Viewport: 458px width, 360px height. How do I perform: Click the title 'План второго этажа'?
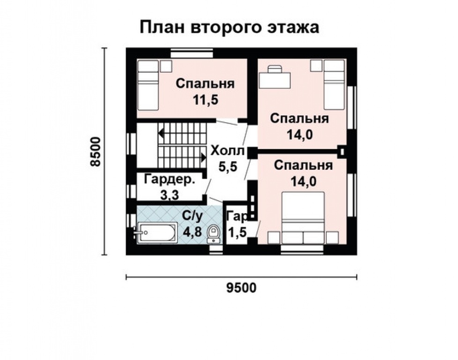click(229, 27)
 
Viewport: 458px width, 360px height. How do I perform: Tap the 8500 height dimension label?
click(96, 151)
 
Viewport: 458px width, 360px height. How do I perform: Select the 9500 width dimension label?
click(242, 287)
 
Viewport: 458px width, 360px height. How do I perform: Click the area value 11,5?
click(205, 99)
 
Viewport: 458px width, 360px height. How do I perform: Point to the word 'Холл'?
click(227, 151)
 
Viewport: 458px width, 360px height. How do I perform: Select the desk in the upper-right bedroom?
click(275, 77)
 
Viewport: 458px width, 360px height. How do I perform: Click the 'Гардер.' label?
click(169, 180)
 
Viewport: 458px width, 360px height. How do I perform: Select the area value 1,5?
click(237, 232)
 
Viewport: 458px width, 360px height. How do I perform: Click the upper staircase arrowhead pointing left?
click(161, 133)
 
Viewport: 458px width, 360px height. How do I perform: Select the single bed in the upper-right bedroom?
click(334, 84)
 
